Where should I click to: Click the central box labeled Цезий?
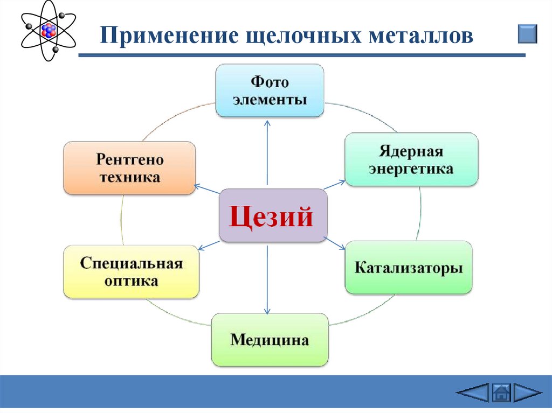pyautogui.click(x=273, y=215)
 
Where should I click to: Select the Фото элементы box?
pyautogui.click(x=270, y=90)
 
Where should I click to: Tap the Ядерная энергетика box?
pyautogui.click(x=411, y=159)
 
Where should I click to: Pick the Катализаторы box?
pyautogui.click(x=409, y=268)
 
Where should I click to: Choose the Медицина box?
pyautogui.click(x=270, y=340)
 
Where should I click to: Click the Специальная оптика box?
pyautogui.click(x=132, y=272)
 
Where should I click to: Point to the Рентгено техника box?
pyautogui.click(x=129, y=168)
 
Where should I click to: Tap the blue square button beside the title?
pyautogui.click(x=527, y=33)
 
